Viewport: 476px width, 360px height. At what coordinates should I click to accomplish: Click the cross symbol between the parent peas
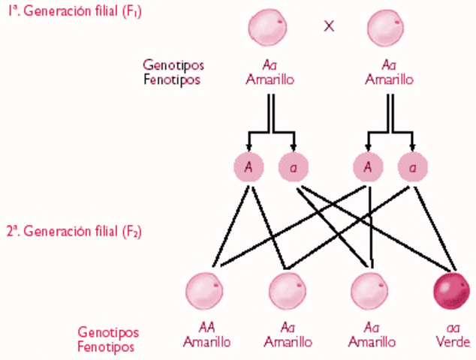(x=329, y=25)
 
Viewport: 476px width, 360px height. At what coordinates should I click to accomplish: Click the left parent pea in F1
(x=269, y=26)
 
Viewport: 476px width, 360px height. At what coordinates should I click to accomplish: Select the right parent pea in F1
(x=387, y=26)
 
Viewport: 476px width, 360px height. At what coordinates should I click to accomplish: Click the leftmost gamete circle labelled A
(x=249, y=167)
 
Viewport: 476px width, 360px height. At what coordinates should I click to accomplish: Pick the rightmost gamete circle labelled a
(x=412, y=167)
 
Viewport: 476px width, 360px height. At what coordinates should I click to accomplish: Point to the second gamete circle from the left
(x=293, y=167)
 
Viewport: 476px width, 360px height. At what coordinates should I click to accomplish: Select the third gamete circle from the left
(x=368, y=167)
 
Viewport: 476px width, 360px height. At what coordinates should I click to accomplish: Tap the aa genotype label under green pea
(x=453, y=328)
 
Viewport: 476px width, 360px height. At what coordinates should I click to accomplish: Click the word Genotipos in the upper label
(x=172, y=65)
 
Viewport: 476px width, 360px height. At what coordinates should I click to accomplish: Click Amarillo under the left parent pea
(x=269, y=79)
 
